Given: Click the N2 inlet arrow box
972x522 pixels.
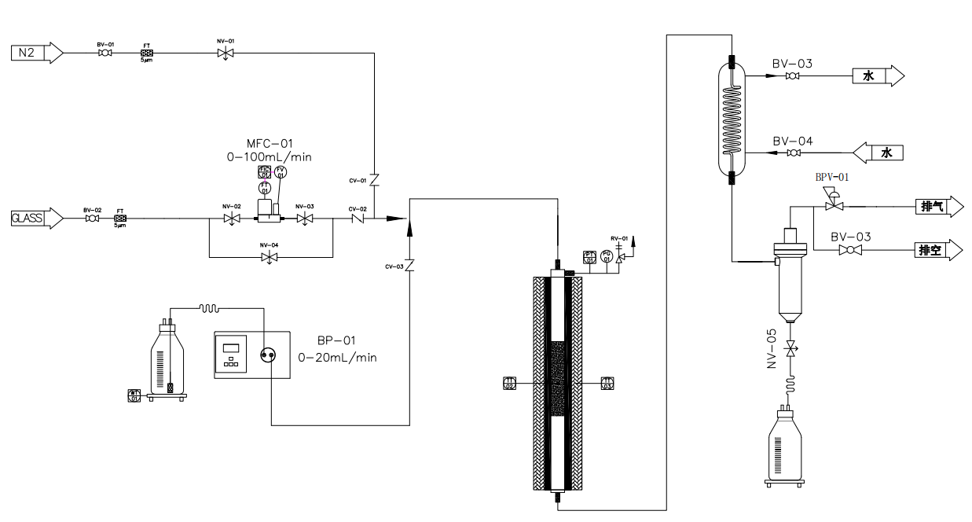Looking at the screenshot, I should (x=35, y=53).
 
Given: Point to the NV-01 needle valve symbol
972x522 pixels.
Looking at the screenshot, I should (x=225, y=53).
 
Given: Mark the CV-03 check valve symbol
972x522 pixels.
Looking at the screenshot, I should (x=409, y=267).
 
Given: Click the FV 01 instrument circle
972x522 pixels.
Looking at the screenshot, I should (x=281, y=172).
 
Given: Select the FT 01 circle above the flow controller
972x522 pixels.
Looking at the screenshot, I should (x=265, y=188).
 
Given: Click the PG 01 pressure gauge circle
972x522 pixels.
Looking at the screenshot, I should (x=606, y=256).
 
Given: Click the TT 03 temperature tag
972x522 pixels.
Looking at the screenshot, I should (x=607, y=384).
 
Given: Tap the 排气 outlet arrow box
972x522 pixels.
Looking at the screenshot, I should (x=938, y=207).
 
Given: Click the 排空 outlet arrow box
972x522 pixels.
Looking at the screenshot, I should (x=938, y=250).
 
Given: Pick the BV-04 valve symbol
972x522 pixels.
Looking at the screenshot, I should (x=794, y=153).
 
